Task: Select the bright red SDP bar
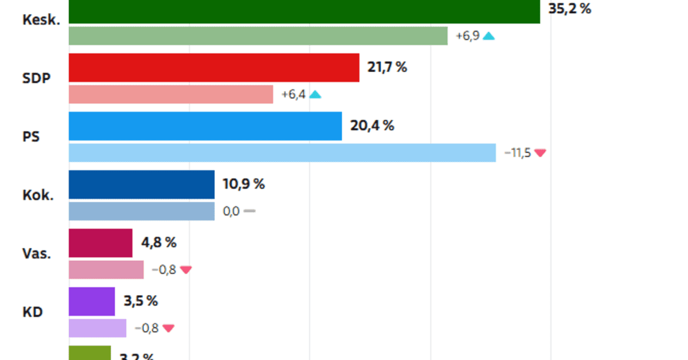point(214,68)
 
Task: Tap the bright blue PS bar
point(205,126)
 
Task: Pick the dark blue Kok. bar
point(142,185)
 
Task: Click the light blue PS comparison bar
point(282,153)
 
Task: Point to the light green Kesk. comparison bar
point(258,36)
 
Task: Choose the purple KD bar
point(92,302)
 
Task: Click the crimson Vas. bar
point(100,243)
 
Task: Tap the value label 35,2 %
point(569,9)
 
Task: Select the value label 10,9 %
point(243,184)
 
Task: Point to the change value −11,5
point(517,153)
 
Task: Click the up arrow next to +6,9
point(488,36)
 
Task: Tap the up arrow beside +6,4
point(315,95)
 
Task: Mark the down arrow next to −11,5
point(540,153)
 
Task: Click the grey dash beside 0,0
point(249,211)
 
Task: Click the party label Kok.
point(38,195)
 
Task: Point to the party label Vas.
point(37,253)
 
